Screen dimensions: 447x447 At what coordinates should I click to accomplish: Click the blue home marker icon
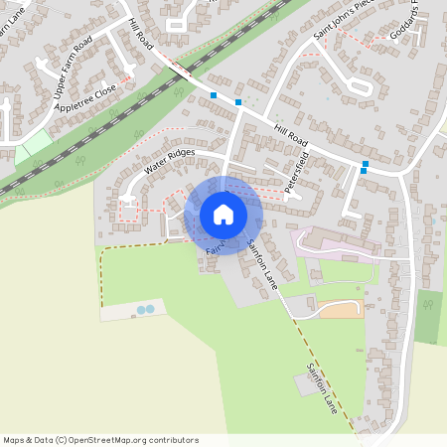pos(223,215)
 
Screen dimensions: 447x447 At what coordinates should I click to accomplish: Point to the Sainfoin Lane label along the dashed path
pos(323,387)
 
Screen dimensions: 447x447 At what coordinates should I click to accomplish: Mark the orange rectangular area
pos(340,311)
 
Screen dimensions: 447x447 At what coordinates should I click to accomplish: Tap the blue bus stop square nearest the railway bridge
pos(214,95)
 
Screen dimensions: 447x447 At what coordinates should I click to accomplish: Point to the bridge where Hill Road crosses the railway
pos(179,71)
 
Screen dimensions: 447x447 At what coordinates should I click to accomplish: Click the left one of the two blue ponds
pos(141,311)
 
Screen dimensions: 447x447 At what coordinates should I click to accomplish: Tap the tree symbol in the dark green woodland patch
pos(428,304)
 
